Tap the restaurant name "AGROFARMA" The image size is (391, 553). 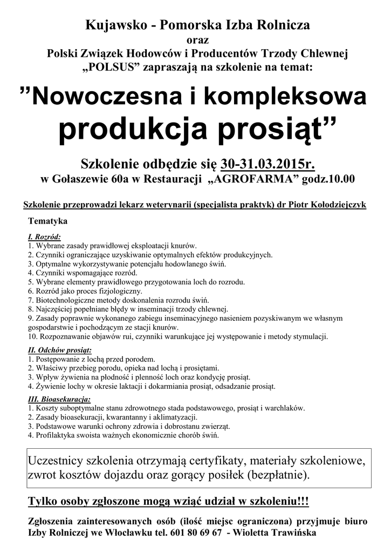[253, 179]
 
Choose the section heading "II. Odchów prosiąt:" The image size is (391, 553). [59, 350]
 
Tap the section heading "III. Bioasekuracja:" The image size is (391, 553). [59, 399]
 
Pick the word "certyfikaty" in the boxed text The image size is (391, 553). [216, 462]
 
